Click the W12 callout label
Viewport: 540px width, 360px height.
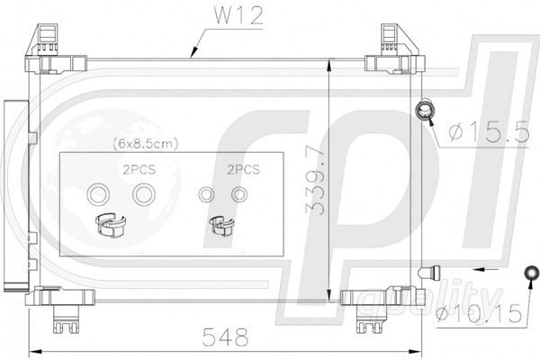point(238,15)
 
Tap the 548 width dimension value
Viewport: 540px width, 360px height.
point(225,337)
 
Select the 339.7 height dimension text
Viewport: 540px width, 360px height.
point(316,181)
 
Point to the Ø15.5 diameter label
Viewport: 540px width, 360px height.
point(490,132)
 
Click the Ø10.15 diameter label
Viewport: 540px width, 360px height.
point(479,314)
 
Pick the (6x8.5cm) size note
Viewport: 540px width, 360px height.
point(145,143)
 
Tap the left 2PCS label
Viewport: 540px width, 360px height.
point(139,169)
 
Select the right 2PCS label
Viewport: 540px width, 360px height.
point(243,169)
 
